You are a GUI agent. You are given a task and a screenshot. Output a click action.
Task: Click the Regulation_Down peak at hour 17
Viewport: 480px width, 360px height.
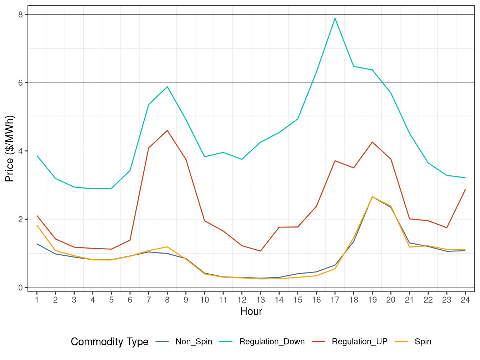tap(335, 18)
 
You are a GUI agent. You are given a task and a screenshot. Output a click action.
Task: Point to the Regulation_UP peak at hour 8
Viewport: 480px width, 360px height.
tap(167, 130)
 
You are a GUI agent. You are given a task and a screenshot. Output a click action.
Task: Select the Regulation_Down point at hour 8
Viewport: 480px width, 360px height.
tap(167, 87)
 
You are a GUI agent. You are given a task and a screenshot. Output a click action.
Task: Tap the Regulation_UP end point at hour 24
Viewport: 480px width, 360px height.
tap(465, 190)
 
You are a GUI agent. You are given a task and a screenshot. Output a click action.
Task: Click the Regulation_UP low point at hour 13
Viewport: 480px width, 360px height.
tap(260, 251)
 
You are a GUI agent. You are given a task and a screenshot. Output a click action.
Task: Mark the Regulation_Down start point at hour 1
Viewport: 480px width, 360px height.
tap(37, 156)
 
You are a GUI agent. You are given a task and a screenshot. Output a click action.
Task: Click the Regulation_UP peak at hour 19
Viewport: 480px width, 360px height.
tap(372, 142)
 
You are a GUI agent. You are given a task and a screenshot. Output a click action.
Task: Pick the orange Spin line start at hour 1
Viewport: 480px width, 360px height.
tap(37, 225)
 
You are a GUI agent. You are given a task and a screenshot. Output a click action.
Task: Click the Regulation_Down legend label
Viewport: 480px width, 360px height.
tap(272, 342)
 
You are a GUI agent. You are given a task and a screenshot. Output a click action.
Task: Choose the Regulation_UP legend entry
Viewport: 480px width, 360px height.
tap(359, 342)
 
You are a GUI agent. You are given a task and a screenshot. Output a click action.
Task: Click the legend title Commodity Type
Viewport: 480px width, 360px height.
tap(110, 342)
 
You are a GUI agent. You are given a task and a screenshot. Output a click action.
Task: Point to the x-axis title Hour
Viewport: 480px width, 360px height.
tap(251, 311)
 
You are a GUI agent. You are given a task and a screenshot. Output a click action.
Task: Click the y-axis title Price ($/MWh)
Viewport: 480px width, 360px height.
tap(10, 149)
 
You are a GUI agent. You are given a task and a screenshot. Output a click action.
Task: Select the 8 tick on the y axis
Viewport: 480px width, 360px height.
tap(21, 15)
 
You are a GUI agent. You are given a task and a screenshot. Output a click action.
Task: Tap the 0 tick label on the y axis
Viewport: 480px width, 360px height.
tap(21, 287)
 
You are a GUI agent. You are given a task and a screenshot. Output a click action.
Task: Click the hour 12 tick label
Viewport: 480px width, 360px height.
tap(242, 300)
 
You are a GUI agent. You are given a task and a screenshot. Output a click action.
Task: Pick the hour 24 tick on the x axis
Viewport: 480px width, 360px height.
tap(465, 300)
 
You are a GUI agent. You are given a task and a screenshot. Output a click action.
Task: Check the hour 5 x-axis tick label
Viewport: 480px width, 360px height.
tap(111, 300)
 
